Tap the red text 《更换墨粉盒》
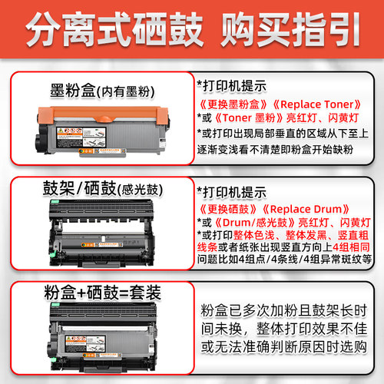click(234, 104)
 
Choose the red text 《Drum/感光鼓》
click(258, 221)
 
